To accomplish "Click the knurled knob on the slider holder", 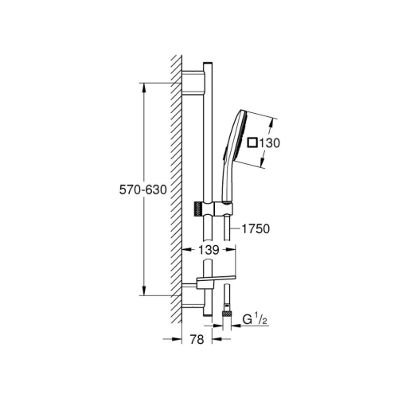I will tap(197, 209).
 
